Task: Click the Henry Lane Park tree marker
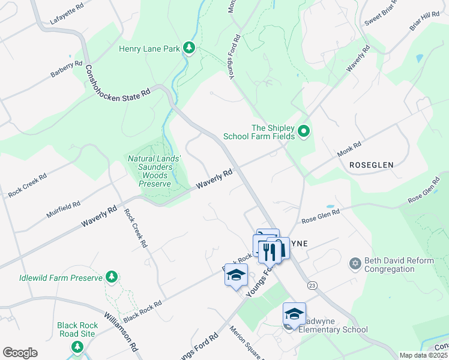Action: [x=190, y=48]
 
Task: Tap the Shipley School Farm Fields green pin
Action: [x=304, y=131]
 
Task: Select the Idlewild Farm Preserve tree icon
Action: [x=110, y=277]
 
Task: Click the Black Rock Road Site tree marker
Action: [x=77, y=347]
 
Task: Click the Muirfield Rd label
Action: [x=63, y=209]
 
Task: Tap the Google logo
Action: [x=20, y=353]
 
